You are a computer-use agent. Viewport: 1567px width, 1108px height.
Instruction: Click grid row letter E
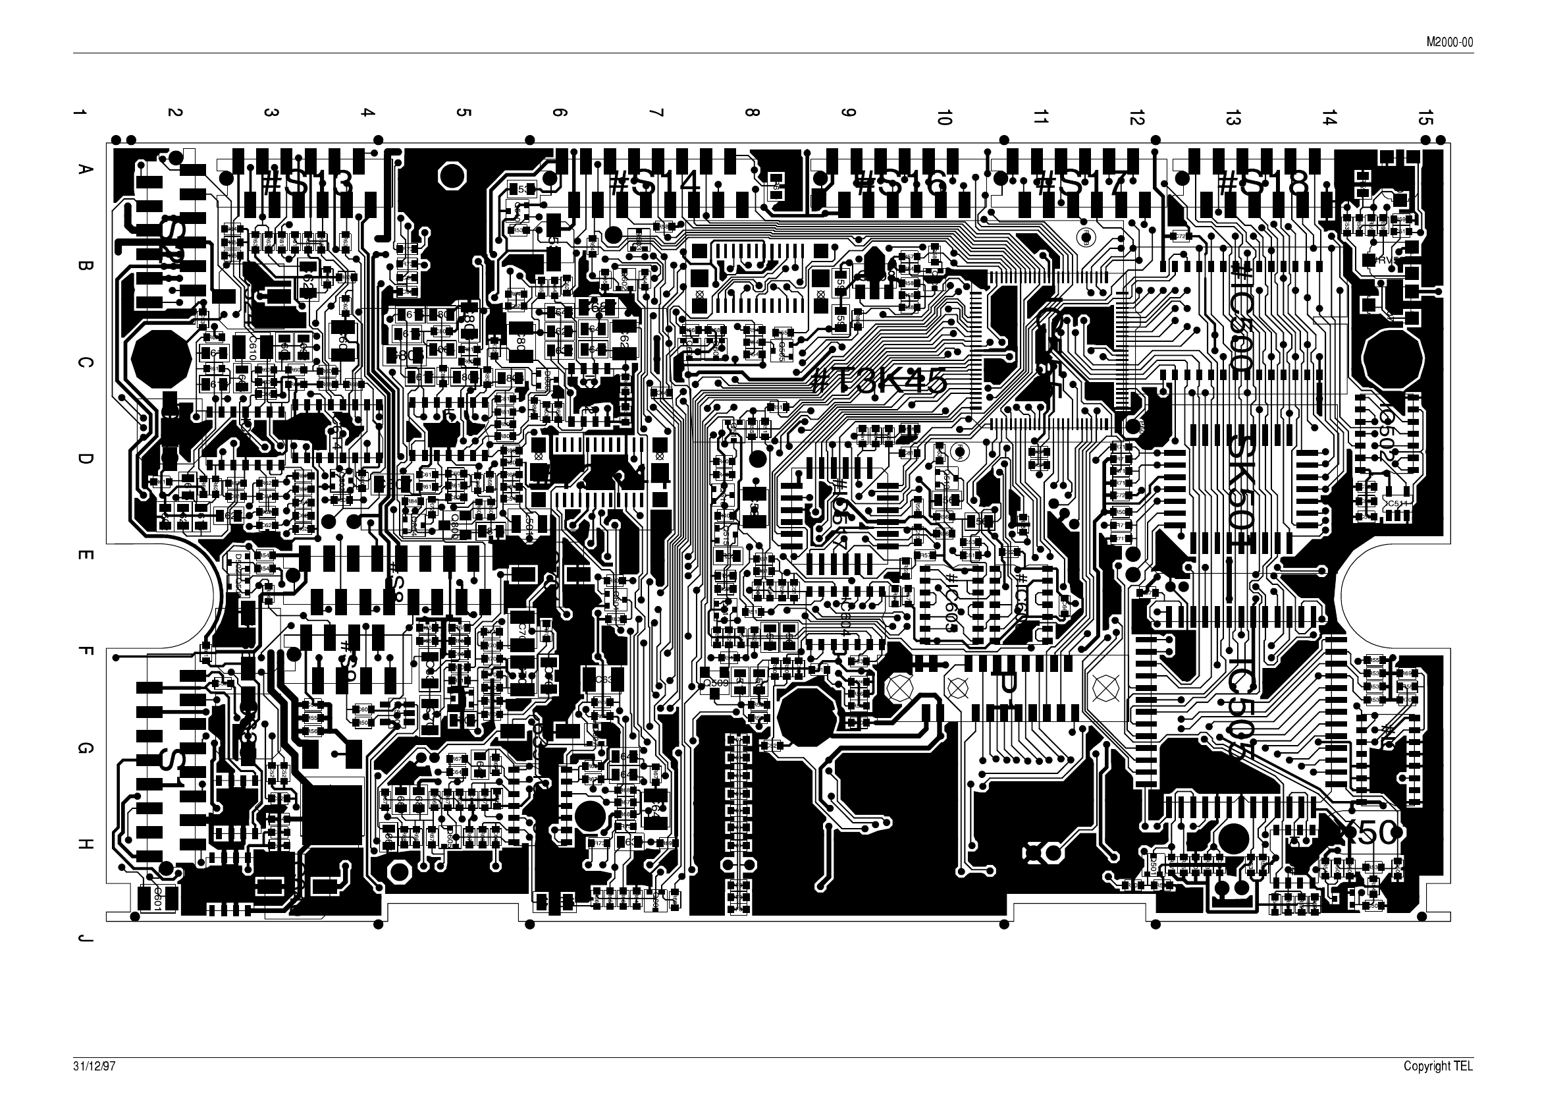pos(85,555)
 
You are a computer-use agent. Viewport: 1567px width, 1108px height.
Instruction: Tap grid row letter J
pos(85,940)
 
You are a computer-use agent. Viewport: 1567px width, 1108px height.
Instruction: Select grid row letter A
pos(85,169)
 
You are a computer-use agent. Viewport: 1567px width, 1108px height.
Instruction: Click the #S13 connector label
pos(307,183)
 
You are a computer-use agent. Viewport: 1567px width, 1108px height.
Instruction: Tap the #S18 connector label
pos(1264,183)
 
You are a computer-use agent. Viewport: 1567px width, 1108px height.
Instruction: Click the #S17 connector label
pos(1078,183)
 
